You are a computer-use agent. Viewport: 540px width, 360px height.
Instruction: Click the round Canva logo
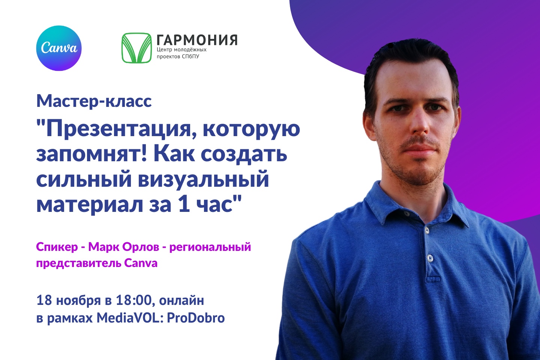coord(59,48)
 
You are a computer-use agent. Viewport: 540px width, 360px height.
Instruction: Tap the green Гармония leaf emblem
coord(136,48)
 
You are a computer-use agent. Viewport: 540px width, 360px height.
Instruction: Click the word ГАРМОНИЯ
coord(197,40)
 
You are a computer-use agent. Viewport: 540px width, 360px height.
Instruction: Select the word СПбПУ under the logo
coord(190,57)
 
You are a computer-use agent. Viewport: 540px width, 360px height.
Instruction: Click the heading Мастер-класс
coord(94,101)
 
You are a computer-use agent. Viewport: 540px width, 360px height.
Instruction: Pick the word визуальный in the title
coord(204,180)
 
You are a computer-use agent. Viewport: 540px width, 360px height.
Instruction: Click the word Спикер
coord(57,247)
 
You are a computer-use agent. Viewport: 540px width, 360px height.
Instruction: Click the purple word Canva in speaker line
coord(141,263)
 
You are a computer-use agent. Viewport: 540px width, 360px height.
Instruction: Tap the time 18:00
coord(134,300)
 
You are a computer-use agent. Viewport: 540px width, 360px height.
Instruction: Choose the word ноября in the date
coord(78,301)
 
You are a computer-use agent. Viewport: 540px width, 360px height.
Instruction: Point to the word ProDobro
coord(196,318)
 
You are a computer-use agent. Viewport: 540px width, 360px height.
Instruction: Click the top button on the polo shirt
coord(427,231)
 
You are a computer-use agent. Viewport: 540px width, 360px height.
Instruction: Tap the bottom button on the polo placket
coord(430,258)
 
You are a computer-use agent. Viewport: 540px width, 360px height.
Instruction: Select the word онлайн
coord(181,301)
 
